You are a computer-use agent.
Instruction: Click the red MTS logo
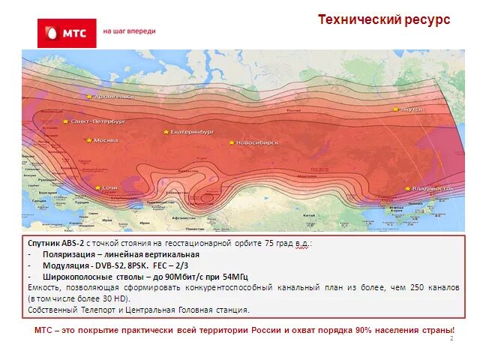tap(67, 33)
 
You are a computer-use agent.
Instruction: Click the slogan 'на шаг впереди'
tap(129, 31)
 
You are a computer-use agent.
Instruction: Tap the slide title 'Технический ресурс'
tap(383, 20)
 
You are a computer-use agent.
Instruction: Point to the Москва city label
tap(106, 140)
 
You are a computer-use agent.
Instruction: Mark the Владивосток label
tap(433, 189)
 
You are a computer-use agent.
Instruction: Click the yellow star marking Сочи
tap(97, 187)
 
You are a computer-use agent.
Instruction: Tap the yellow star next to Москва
tap(88, 140)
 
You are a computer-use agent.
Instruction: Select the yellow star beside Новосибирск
tap(232, 142)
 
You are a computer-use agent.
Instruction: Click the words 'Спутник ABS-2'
tap(55, 244)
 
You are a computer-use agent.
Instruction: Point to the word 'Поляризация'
tap(67, 255)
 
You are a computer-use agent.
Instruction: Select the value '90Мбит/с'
tap(184, 277)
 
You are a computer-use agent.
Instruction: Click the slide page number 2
tap(451, 339)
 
